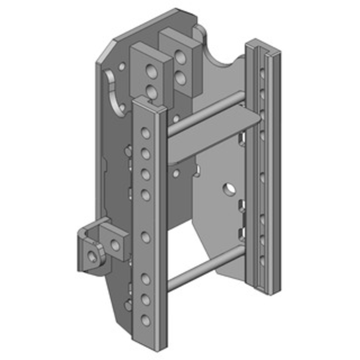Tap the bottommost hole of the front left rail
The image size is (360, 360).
(145, 320)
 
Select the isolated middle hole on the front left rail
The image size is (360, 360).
(145, 236)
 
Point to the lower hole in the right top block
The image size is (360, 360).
(181, 77)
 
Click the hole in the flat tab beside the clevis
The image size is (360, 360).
(115, 245)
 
